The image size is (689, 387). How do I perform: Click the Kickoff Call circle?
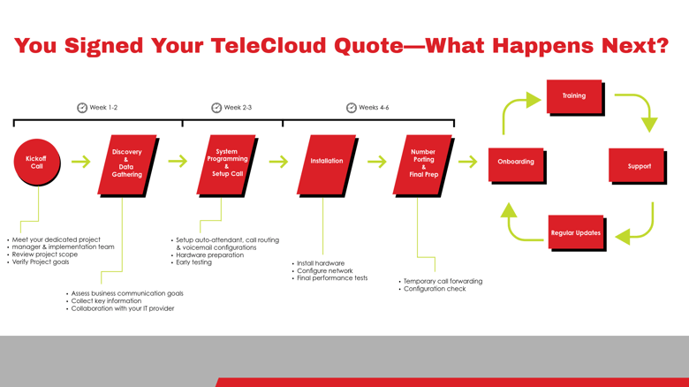pyautogui.click(x=37, y=162)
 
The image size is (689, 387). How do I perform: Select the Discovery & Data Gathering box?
pyautogui.click(x=127, y=164)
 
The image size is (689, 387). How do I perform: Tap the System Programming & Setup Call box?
pyautogui.click(x=226, y=164)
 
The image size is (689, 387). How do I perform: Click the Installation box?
pyautogui.click(x=327, y=164)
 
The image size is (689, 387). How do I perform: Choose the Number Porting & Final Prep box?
pyautogui.click(x=423, y=164)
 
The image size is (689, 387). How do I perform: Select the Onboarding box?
pyautogui.click(x=516, y=164)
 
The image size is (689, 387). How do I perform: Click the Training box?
pyautogui.click(x=574, y=96)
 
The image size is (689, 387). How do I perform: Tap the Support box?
pyautogui.click(x=636, y=165)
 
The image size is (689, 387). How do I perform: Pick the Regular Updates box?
pyautogui.click(x=576, y=231)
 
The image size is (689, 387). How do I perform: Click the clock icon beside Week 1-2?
pyautogui.click(x=82, y=108)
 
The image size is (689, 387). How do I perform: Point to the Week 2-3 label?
pyautogui.click(x=238, y=107)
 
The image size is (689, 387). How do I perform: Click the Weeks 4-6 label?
pyautogui.click(x=374, y=107)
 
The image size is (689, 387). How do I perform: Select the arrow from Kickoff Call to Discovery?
pyautogui.click(x=81, y=162)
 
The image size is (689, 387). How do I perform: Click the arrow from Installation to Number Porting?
pyautogui.click(x=377, y=162)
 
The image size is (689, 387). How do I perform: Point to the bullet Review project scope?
pyautogui.click(x=45, y=254)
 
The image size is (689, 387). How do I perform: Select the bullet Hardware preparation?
pyautogui.click(x=209, y=255)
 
